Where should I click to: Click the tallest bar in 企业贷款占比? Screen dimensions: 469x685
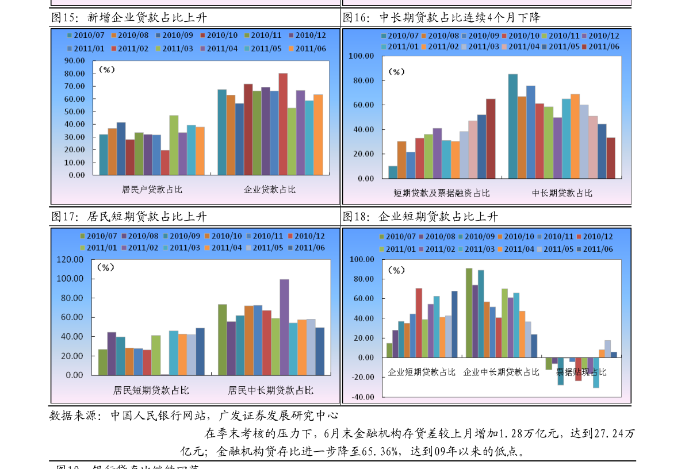point(283,124)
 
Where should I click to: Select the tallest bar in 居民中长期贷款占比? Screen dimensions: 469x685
point(284,327)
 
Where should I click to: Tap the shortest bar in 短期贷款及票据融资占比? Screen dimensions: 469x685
point(393,172)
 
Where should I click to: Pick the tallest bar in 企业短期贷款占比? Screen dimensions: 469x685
point(419,322)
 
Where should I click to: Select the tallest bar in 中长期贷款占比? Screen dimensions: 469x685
point(513,126)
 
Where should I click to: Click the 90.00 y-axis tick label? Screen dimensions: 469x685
point(75,60)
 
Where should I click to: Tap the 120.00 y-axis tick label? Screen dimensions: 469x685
point(70,260)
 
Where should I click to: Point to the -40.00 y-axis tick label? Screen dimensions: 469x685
point(362,397)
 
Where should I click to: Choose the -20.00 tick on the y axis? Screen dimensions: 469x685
point(362,378)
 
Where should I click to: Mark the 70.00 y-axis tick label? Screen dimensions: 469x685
point(75,86)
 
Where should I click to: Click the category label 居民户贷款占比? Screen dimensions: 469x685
point(152,189)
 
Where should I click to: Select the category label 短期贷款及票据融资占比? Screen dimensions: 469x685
point(442,193)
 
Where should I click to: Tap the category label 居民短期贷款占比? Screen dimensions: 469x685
point(151,390)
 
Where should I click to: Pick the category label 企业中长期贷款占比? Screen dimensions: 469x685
point(502,372)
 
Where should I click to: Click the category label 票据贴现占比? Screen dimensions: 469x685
point(581,372)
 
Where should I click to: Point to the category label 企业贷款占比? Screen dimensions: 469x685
point(270,189)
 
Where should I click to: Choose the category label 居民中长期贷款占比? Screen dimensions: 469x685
point(271,390)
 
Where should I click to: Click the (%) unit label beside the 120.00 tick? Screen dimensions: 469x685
point(106,268)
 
